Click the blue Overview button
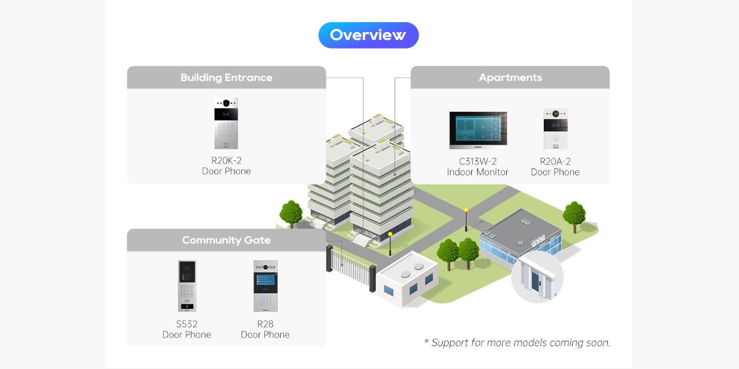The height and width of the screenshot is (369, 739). click(x=368, y=35)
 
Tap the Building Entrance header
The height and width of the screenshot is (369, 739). click(x=227, y=77)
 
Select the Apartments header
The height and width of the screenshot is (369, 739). click(x=510, y=77)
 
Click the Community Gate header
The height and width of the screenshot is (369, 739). click(x=227, y=240)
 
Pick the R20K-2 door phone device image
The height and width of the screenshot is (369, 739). click(x=227, y=124)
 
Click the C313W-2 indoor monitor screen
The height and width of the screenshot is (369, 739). click(x=478, y=130)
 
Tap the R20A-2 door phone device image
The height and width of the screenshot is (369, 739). click(x=555, y=129)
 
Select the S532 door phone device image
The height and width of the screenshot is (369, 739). click(x=187, y=286)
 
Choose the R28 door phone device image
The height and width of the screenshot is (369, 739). click(x=265, y=286)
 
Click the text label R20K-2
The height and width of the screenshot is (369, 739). click(x=227, y=161)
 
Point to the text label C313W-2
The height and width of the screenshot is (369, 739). click(x=478, y=161)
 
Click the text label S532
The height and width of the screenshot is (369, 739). click(x=187, y=324)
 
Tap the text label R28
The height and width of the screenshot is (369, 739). click(x=265, y=324)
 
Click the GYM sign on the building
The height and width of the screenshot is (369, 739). click(x=538, y=241)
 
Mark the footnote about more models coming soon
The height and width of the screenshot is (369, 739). click(x=517, y=343)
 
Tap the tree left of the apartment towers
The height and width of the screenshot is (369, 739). click(x=291, y=214)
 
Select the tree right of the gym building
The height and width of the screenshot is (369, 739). click(x=575, y=216)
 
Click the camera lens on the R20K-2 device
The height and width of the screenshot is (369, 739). click(x=227, y=103)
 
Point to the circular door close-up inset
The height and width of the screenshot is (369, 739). click(x=538, y=277)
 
